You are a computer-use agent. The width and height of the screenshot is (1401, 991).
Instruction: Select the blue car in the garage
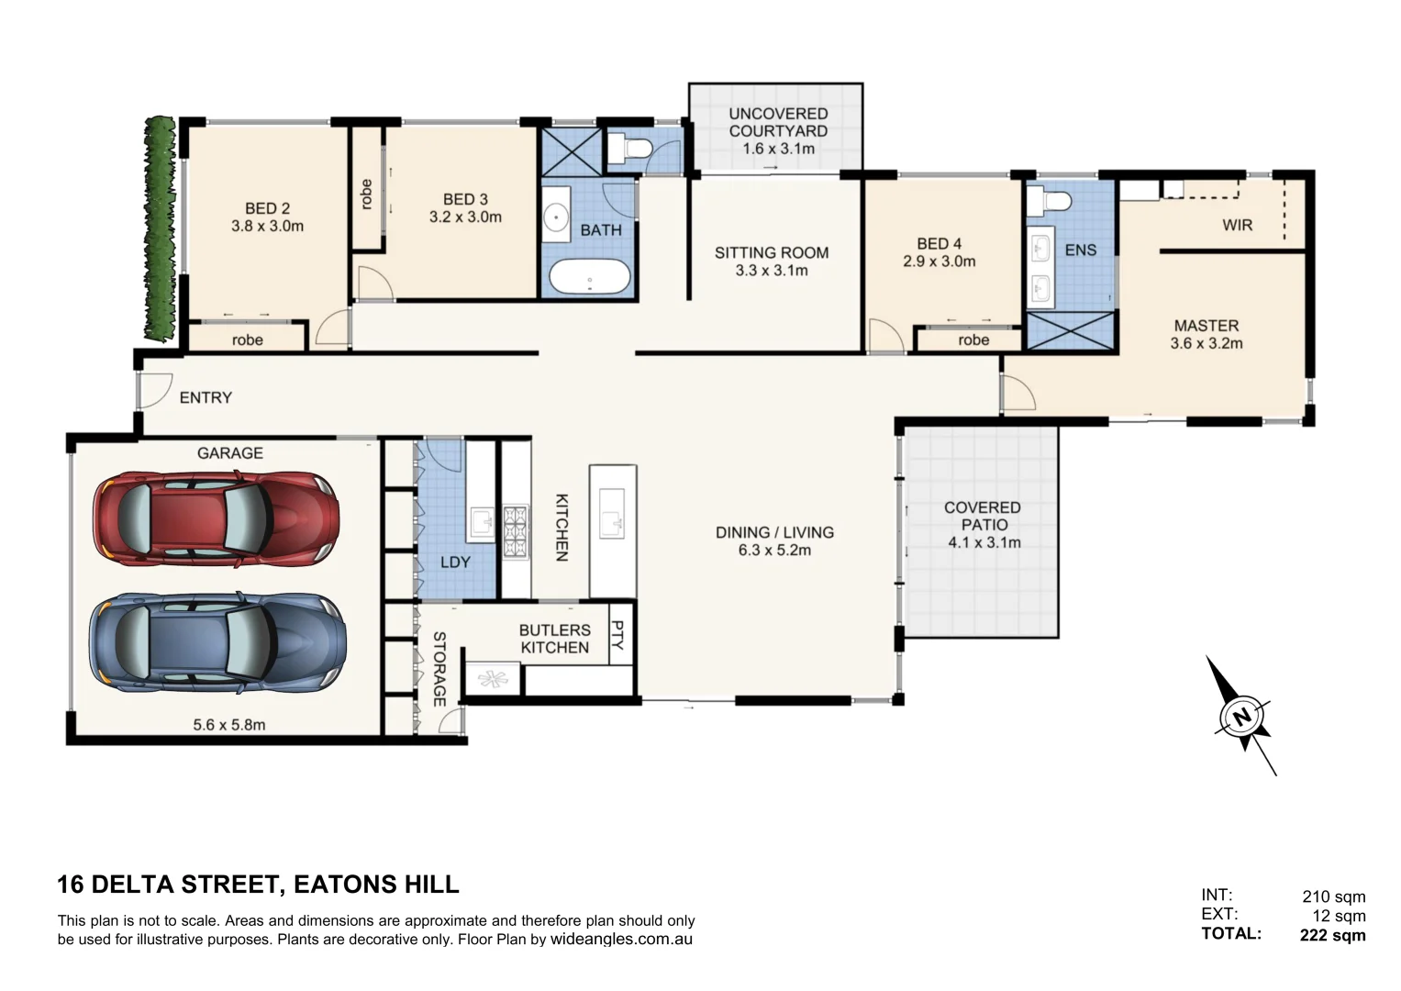pos(217,642)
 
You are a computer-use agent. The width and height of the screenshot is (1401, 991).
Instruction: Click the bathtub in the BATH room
pos(589,277)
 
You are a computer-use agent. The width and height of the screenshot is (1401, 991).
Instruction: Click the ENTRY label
pos(206,397)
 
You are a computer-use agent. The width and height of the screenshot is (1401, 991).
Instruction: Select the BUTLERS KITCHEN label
pos(554,639)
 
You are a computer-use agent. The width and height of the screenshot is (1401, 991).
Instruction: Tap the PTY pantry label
pos(617,635)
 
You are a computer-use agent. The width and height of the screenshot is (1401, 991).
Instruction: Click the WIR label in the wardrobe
pos(1236,225)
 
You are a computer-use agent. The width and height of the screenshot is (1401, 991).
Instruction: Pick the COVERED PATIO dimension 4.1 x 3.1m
pos(984,542)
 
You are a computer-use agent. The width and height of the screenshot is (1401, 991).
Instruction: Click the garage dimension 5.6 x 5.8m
pos(229,725)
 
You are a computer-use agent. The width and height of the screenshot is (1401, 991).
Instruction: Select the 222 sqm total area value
pos(1332,935)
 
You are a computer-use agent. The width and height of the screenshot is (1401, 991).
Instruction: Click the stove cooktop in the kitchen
pos(516,525)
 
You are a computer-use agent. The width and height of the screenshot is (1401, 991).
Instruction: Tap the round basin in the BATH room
pos(557,217)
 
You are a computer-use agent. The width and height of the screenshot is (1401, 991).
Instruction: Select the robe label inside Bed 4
pos(973,340)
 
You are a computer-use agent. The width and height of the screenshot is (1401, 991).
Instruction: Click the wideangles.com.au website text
pos(621,940)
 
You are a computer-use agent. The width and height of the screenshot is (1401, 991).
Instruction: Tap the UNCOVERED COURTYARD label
pos(778,122)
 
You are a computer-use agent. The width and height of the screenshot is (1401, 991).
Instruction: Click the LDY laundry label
pos(455,562)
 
